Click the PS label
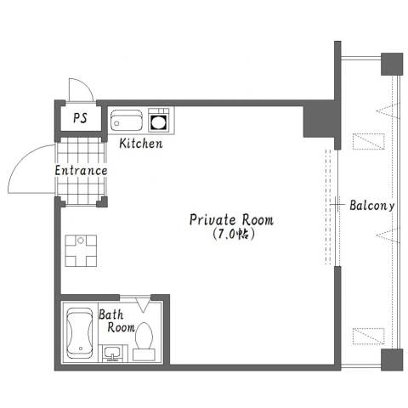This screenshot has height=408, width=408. point(81,118)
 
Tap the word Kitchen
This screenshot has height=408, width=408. point(141,144)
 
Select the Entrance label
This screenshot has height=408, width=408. point(81,171)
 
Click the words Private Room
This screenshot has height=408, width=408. point(231,220)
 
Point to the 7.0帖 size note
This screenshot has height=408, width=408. point(233,234)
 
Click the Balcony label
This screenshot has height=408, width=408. point(372,206)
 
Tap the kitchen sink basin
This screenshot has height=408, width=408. point(127,121)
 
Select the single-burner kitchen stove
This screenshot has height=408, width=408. point(159,120)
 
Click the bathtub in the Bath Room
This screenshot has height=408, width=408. point(80,332)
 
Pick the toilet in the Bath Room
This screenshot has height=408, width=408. point(144,341)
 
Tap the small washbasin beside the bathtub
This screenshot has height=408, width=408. point(113,354)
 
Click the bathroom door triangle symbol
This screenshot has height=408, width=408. point(143,304)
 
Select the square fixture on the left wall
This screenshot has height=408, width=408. point(81,251)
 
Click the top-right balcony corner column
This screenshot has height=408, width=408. point(392,64)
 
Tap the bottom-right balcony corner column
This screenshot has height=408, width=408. point(392,360)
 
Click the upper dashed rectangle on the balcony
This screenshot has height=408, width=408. point(369,141)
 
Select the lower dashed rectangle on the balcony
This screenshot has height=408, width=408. point(369,337)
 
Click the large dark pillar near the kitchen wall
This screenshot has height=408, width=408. point(319,122)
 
